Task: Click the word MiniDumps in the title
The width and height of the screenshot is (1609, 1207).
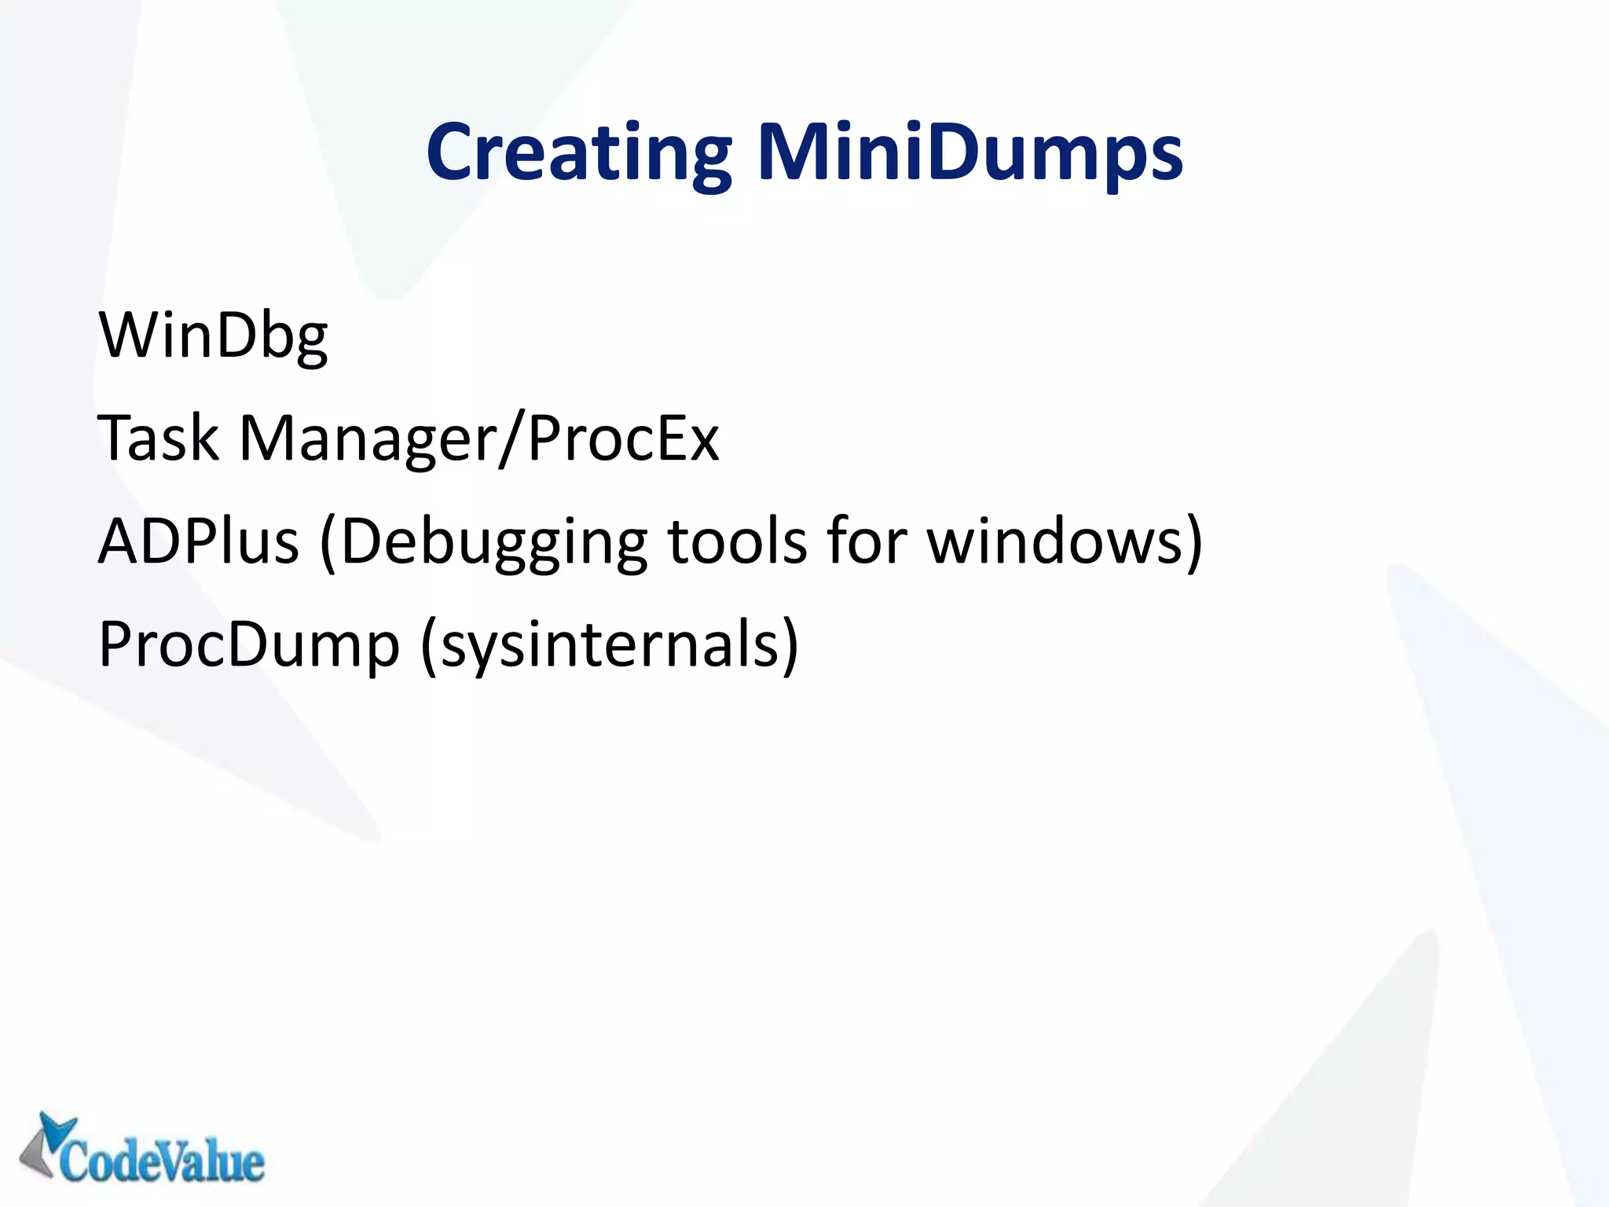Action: [969, 153]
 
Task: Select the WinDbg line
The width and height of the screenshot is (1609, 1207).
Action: [213, 336]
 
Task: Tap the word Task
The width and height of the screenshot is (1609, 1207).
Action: [158, 438]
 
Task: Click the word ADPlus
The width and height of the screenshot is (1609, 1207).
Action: [198, 542]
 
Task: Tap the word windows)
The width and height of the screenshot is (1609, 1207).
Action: [1065, 542]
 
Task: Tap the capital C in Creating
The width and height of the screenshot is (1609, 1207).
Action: [453, 153]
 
